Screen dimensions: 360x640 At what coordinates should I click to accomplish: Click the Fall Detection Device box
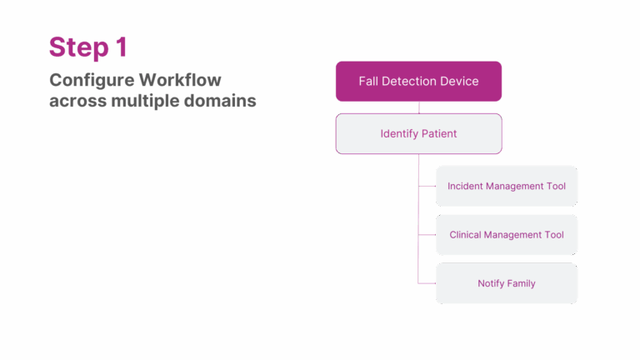(x=418, y=82)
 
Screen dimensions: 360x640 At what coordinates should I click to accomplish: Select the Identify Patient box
(x=418, y=133)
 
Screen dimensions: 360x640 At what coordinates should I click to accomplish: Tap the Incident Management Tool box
(x=506, y=186)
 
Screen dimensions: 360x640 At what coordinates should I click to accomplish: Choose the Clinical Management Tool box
(x=506, y=235)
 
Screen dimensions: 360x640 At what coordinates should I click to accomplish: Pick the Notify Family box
(x=506, y=283)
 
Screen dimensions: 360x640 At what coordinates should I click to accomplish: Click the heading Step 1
(x=88, y=47)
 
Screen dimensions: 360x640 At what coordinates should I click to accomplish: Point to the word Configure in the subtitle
(x=91, y=81)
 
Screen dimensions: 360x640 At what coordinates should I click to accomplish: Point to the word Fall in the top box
(x=367, y=82)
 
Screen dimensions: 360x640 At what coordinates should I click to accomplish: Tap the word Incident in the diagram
(x=465, y=186)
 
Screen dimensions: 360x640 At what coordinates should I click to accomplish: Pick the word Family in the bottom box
(x=519, y=283)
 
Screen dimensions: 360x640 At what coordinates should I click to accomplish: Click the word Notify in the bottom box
(x=490, y=283)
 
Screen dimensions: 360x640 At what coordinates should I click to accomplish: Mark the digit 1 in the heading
(x=122, y=47)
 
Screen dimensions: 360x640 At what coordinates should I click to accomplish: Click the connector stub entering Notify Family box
(x=427, y=283)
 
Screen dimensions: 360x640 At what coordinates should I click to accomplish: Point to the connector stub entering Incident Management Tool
(x=427, y=186)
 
